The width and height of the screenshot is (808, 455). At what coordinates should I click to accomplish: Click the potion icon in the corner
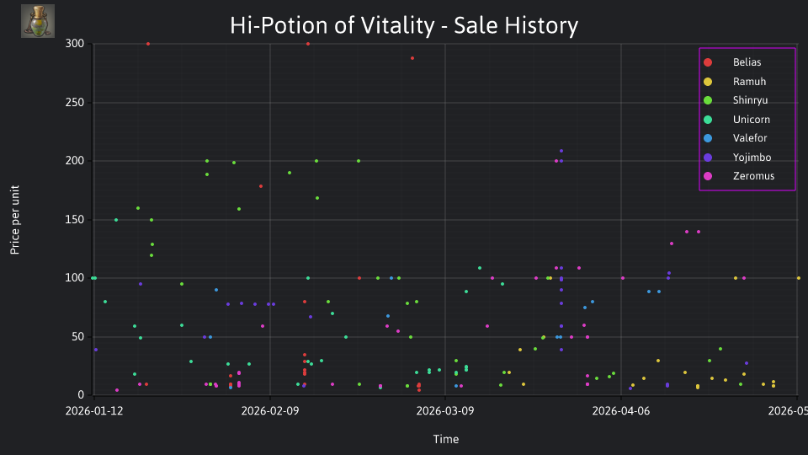click(38, 21)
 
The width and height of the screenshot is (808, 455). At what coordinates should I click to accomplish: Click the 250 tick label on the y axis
click(75, 102)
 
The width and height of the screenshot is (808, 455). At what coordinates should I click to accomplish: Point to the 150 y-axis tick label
click(75, 219)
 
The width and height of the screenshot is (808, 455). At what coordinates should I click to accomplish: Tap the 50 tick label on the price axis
click(77, 336)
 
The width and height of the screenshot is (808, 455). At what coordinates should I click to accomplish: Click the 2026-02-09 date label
click(270, 411)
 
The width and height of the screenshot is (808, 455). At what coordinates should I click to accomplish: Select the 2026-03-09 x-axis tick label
click(445, 411)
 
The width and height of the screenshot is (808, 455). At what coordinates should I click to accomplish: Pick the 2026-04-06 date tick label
click(621, 411)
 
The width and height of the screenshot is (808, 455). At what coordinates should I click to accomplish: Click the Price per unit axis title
click(15, 220)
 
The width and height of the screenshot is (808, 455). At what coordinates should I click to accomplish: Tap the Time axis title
click(446, 439)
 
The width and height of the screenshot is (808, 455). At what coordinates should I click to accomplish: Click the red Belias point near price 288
click(412, 58)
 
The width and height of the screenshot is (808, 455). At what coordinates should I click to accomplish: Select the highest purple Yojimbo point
click(561, 151)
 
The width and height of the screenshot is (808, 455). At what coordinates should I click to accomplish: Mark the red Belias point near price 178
click(261, 186)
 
